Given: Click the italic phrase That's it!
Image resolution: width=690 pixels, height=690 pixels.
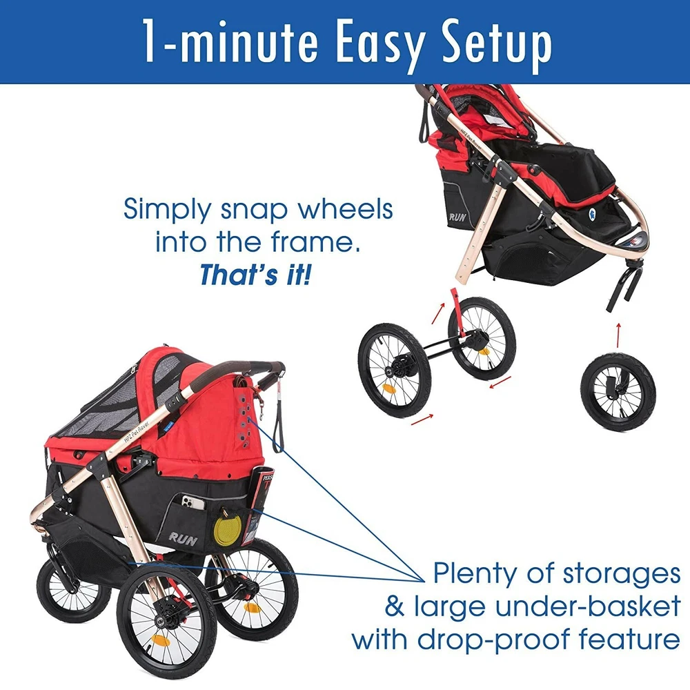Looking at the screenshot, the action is pyautogui.click(x=255, y=275).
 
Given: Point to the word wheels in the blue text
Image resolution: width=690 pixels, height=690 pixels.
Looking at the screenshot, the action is pyautogui.click(x=346, y=209).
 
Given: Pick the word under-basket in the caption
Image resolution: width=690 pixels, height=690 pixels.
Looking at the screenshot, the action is pyautogui.click(x=588, y=607).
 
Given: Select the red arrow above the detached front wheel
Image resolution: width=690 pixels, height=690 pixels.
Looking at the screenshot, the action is pyautogui.click(x=618, y=335).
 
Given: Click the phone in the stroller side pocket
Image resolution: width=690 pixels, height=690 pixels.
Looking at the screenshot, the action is pyautogui.click(x=193, y=502).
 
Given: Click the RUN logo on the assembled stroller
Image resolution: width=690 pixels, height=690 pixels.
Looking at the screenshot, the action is pyautogui.click(x=183, y=538).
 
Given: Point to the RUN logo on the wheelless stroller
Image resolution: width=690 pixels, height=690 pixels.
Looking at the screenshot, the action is pyautogui.click(x=457, y=217).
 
